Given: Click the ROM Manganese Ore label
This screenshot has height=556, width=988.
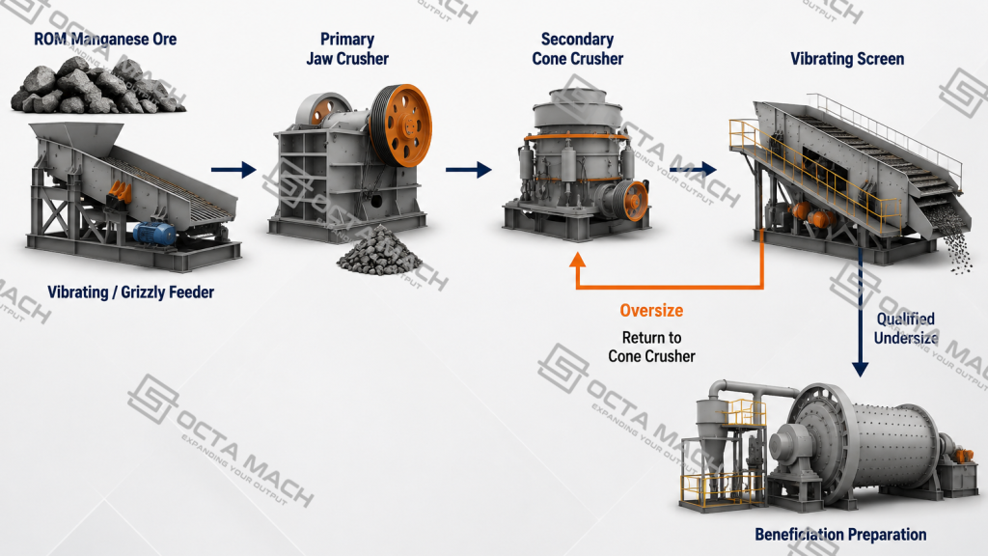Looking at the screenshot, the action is (105, 39).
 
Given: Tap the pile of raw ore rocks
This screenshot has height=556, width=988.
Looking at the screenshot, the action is (97, 85).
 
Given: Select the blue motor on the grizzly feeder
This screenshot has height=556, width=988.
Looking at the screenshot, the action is (153, 234).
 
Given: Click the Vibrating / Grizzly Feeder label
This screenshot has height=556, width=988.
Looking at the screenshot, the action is (131, 292).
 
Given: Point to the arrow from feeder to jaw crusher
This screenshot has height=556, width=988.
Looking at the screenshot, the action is (233, 170).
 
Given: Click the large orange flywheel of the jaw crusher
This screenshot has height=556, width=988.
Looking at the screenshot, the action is (400, 125).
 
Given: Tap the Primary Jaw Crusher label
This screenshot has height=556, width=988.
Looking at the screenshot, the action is (347, 49).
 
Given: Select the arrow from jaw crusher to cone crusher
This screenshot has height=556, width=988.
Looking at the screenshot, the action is (468, 170).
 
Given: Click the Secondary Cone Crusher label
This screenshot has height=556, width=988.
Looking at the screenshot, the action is (578, 49).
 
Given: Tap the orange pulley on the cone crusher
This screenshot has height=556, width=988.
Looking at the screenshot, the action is (636, 201).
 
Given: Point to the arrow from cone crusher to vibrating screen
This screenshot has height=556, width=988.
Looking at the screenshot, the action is (693, 169).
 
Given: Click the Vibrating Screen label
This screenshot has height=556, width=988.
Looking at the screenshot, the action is (847, 59).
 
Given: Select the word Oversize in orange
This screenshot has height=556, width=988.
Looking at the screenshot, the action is (651, 310).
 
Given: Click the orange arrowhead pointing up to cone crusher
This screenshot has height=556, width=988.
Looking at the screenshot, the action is (578, 261).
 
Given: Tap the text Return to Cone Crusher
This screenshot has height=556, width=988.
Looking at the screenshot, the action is (651, 347).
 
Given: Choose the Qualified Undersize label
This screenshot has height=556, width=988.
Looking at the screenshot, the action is (906, 328).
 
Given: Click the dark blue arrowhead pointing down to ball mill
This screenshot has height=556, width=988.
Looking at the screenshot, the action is (860, 370).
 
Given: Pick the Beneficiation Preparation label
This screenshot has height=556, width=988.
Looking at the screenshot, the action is (840, 535).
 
